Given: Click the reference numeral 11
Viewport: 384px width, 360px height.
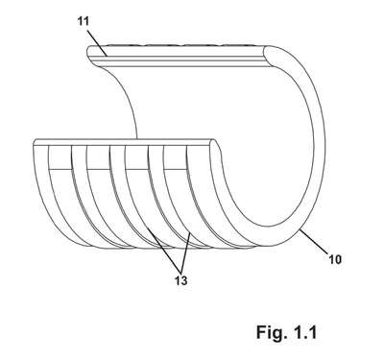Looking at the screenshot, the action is click(x=83, y=21).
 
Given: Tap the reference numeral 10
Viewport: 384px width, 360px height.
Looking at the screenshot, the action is click(x=335, y=259).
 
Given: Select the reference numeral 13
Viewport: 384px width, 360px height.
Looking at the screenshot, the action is click(x=180, y=280).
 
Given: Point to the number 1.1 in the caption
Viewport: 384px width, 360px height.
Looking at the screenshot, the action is click(x=304, y=332).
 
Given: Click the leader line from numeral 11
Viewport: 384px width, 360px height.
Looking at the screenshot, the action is click(x=97, y=42).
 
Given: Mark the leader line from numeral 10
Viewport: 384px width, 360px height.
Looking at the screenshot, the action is click(x=315, y=242).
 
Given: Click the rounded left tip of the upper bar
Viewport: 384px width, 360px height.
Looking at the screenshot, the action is click(x=88, y=52).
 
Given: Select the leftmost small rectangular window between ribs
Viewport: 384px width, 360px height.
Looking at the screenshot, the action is click(x=60, y=156).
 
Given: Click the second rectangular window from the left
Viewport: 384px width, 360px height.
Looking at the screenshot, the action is click(x=98, y=156).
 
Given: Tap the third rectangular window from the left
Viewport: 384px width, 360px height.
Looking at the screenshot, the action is click(x=136, y=156).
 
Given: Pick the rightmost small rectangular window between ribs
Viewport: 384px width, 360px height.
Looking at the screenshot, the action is click(x=175, y=156).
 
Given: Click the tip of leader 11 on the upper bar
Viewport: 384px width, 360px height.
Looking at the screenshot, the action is click(x=107, y=56).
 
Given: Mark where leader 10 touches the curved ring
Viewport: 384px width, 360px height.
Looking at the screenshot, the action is click(x=300, y=229).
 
